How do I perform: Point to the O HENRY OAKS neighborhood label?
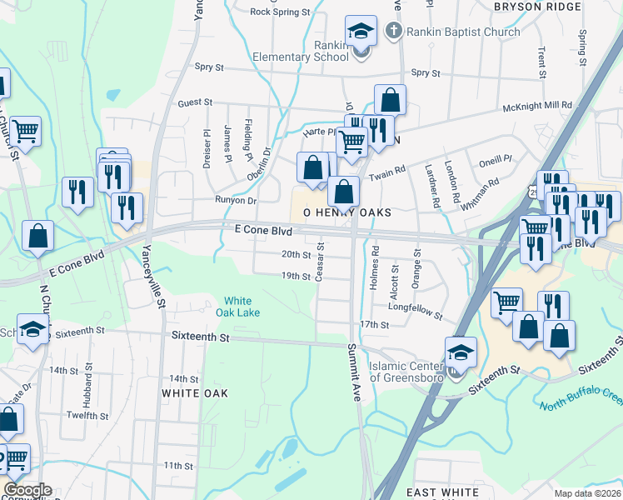point(346,213)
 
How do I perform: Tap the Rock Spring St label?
point(280,12)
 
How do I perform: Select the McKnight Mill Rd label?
point(537,106)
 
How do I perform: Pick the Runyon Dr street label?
point(236,200)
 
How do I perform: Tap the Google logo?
point(27,490)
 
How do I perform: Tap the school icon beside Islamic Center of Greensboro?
point(460,352)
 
